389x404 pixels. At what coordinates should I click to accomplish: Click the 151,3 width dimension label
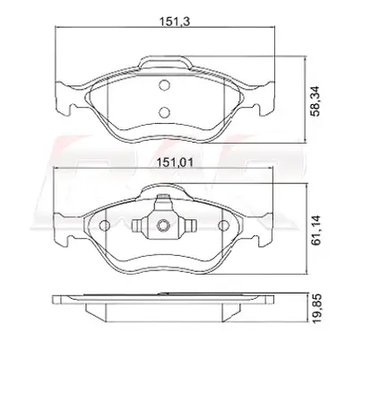pyautogui.click(x=175, y=22)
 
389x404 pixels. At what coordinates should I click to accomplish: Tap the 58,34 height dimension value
pyautogui.click(x=315, y=101)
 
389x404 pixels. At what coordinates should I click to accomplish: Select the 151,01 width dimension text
pyautogui.click(x=176, y=162)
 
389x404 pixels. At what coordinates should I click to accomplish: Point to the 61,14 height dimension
pyautogui.click(x=316, y=230)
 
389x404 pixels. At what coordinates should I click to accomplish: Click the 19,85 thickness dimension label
pyautogui.click(x=316, y=308)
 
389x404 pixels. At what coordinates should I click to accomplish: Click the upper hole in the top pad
pyautogui.click(x=164, y=85)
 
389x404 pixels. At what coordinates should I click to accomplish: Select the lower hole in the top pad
pyautogui.click(x=164, y=112)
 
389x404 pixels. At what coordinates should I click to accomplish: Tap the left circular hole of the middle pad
pyautogui.click(x=105, y=225)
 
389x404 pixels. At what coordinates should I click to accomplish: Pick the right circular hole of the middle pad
pyautogui.click(x=223, y=225)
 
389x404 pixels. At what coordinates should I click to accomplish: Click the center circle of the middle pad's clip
pyautogui.click(x=163, y=225)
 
